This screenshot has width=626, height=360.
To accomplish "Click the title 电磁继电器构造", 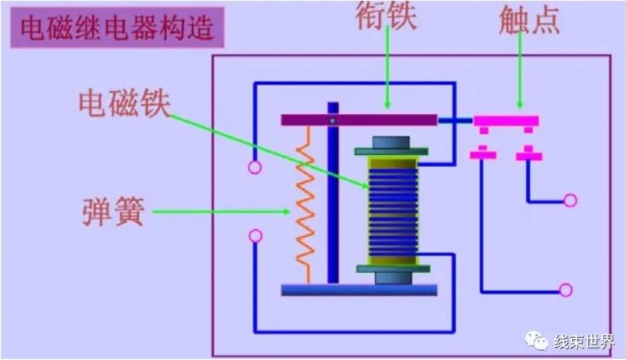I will (117, 28).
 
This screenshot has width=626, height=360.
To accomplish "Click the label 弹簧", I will (113, 211).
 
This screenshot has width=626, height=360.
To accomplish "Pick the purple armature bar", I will (359, 120).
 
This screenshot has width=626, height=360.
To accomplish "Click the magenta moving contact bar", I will (506, 121).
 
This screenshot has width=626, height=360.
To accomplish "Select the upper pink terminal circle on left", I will (255, 168).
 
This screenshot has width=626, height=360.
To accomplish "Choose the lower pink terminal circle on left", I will (255, 235).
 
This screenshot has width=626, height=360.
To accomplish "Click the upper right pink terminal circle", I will (570, 201).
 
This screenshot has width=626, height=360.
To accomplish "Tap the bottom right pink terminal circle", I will (566, 290).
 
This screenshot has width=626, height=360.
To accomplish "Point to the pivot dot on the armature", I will (331, 121).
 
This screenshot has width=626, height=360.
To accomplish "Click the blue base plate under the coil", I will (359, 290).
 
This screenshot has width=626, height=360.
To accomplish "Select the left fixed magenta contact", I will (484, 154).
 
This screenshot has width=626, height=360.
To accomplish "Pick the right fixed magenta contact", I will (529, 154).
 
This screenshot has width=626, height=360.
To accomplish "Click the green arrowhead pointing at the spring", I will (286, 211).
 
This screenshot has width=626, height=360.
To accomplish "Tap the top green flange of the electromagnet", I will (392, 151).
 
